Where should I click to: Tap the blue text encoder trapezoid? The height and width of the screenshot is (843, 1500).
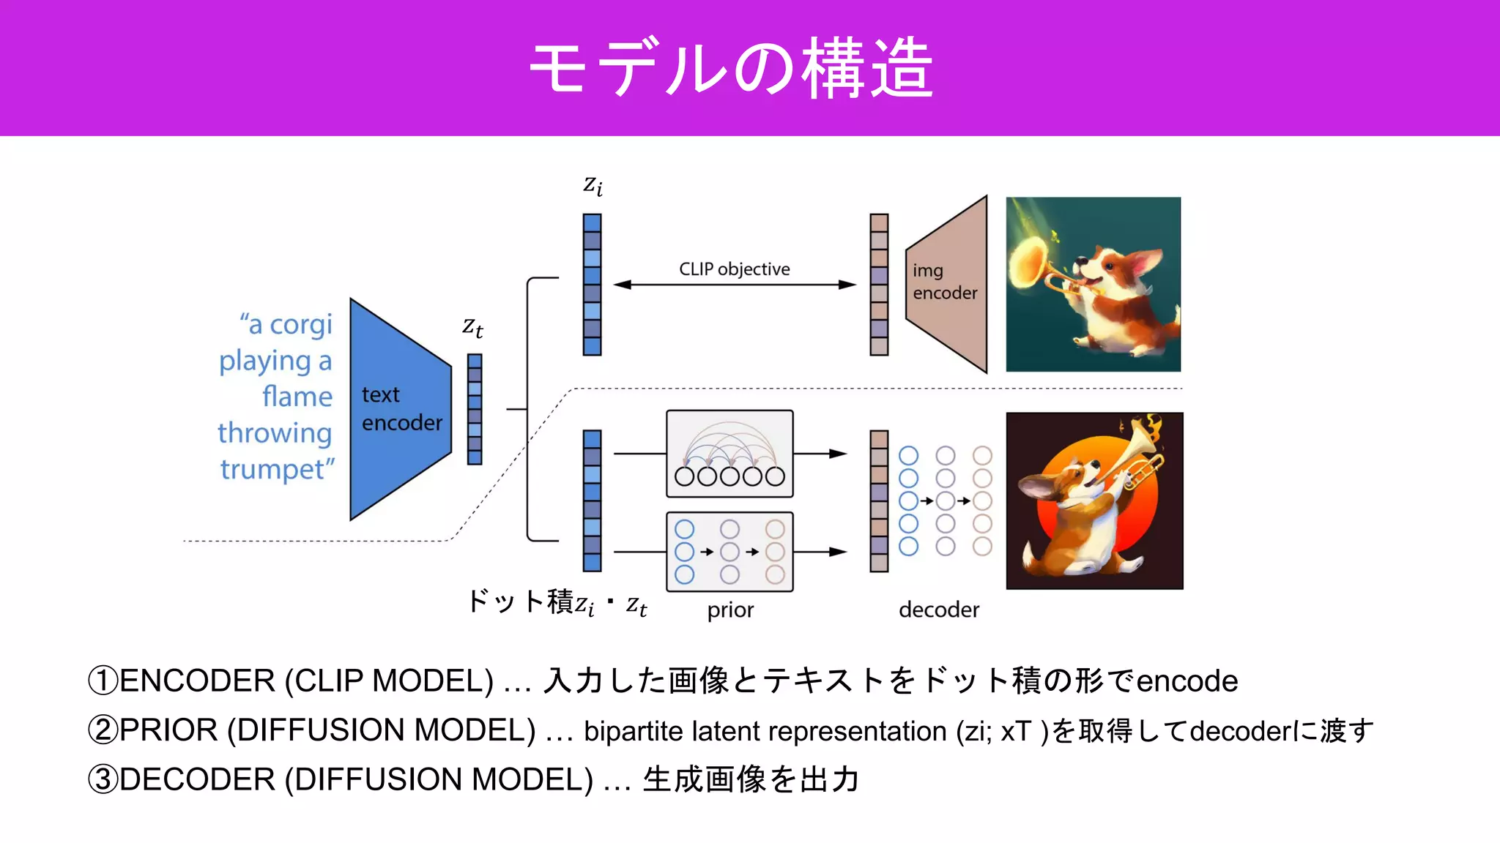(399, 409)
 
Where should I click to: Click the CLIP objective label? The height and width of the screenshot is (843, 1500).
(734, 269)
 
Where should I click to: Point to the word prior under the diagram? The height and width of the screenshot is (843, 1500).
(730, 610)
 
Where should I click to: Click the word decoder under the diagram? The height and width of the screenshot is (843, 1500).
(938, 610)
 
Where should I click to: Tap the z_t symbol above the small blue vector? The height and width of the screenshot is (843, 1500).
(472, 327)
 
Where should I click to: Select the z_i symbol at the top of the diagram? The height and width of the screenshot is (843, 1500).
(593, 186)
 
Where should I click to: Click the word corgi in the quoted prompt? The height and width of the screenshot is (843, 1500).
(300, 324)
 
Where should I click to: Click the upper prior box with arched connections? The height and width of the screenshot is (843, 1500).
(729, 454)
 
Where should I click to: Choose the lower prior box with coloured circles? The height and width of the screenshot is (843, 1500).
(729, 552)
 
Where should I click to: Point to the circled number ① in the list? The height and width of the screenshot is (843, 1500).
(102, 681)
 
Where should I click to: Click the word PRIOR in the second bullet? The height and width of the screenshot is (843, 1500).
(168, 730)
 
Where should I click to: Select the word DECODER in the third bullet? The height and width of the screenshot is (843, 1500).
(197, 779)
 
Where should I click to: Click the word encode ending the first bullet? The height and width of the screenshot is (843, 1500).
(1187, 681)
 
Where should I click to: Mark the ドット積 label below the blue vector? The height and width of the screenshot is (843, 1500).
(520, 602)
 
